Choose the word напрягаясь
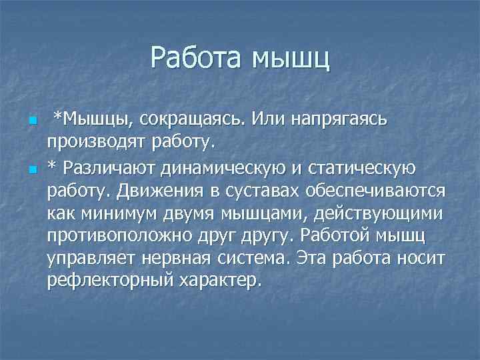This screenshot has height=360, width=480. (347, 119)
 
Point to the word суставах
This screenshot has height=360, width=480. (261, 191)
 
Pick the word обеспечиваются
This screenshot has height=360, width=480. (375, 191)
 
